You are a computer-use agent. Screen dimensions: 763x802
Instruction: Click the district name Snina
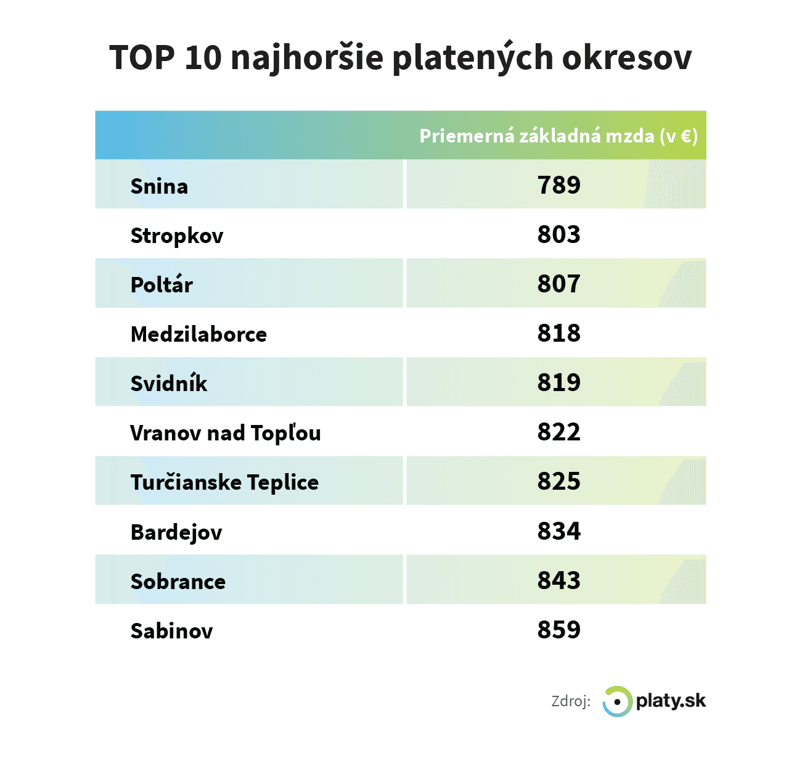[159, 186]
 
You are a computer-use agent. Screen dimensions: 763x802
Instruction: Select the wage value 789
[559, 185]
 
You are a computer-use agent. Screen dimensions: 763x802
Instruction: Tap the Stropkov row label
[176, 236]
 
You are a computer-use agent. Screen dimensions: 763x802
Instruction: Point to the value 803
[559, 234]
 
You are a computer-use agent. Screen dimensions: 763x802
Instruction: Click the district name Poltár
[162, 284]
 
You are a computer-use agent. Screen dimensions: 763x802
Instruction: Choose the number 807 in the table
[559, 284]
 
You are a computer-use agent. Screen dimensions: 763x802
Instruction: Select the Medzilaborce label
[198, 334]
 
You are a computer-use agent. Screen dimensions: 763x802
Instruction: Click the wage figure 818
[559, 333]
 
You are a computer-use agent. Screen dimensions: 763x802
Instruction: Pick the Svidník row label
[169, 383]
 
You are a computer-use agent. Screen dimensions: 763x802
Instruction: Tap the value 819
[559, 382]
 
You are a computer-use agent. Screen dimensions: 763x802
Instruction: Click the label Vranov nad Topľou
[225, 433]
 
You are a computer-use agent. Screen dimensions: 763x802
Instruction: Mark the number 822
[559, 432]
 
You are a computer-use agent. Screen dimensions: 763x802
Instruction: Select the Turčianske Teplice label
[224, 482]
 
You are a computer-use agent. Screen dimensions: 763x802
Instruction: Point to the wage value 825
[559, 481]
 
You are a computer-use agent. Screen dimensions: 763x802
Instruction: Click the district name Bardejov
[176, 532]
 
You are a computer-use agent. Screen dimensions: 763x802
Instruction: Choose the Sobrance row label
[178, 581]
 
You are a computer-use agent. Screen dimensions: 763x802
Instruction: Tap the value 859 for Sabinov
[559, 630]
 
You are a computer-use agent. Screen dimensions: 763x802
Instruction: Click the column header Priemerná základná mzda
[558, 136]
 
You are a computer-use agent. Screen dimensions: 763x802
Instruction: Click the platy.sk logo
[655, 701]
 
